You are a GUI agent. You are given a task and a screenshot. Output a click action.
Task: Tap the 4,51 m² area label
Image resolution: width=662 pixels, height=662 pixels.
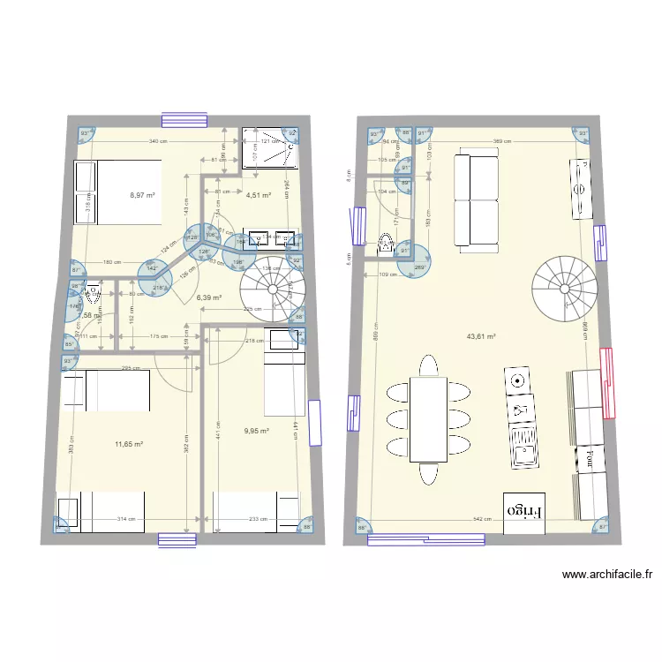click(258, 195)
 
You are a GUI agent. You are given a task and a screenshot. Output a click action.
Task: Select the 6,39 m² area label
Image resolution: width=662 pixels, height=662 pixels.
click(208, 297)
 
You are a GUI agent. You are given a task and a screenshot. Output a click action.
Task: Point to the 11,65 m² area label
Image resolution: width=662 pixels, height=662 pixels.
click(129, 444)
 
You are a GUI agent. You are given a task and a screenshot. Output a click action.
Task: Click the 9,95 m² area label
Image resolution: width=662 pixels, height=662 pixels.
click(255, 432)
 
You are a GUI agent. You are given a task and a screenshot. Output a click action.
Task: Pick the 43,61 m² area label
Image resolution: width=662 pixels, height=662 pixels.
click(481, 336)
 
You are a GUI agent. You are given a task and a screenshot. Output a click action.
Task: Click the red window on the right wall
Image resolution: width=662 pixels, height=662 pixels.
click(606, 381)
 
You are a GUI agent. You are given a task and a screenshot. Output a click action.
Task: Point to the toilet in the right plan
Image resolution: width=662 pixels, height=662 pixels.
click(386, 244)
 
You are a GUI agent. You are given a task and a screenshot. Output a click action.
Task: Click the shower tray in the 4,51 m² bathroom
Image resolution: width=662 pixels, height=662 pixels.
click(272, 147)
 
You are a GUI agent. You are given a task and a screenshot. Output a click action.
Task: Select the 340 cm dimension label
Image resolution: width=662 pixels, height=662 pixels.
click(155, 141)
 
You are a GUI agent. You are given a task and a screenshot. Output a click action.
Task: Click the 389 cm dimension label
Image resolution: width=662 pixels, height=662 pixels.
click(503, 141)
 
